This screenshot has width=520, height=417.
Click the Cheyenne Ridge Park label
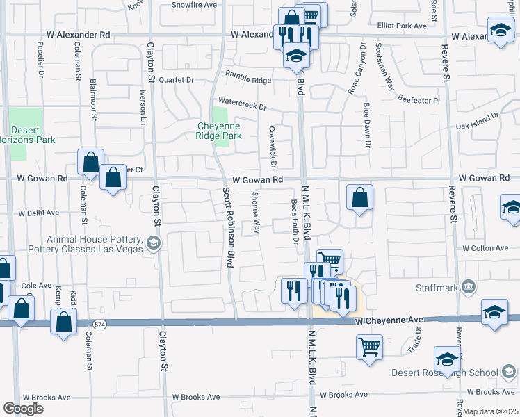219,131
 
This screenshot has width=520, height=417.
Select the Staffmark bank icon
469,286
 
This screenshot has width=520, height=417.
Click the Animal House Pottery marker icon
154,243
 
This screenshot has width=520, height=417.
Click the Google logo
23,409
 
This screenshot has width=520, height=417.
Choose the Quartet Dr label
176,79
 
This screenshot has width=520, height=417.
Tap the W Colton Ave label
485,248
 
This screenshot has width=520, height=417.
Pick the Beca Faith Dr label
295,222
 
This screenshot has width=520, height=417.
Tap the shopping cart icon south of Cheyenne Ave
369,345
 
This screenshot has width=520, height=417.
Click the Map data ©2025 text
490,411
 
